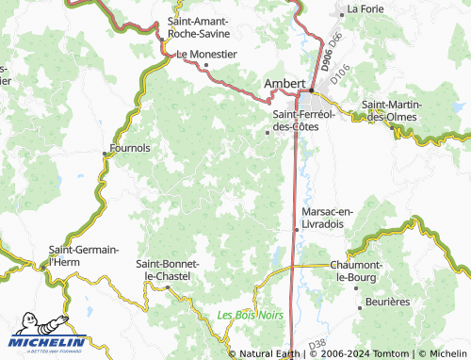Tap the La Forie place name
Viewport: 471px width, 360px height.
pyautogui.click(x=365, y=9)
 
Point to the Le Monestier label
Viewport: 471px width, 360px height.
pyautogui.click(x=206, y=54)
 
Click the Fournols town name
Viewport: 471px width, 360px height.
pyautogui.click(x=131, y=148)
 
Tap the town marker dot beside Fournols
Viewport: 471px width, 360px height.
pyautogui.click(x=106, y=153)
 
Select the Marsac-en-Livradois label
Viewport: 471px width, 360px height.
pyautogui.click(x=327, y=218)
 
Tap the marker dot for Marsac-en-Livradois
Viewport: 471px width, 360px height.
pyautogui.click(x=298, y=228)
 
